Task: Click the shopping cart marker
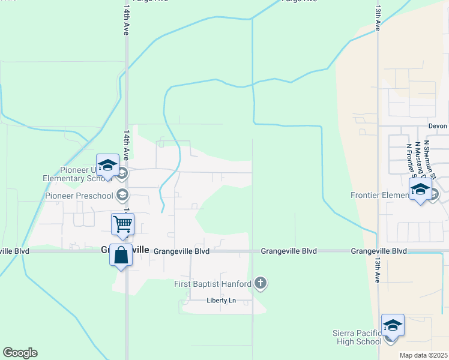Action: [122, 224]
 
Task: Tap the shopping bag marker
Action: [121, 255]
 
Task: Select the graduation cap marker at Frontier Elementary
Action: [420, 190]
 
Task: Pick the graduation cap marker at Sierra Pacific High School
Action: [392, 326]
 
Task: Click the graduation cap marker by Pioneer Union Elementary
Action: [107, 165]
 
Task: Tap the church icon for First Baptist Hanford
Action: [260, 283]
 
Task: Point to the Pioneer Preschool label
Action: [79, 196]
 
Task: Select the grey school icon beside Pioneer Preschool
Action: [122, 194]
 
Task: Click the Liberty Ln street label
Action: [218, 301]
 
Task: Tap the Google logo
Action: [20, 353]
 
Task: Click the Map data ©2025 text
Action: [423, 355]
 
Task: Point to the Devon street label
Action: [438, 126]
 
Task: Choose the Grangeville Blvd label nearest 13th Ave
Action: [379, 251]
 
